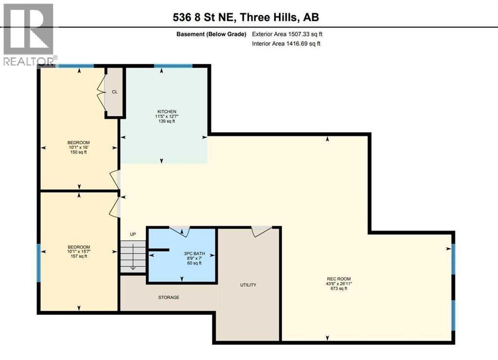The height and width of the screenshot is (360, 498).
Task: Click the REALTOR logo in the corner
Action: coord(28,34)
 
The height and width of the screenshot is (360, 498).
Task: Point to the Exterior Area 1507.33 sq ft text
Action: coord(286,35)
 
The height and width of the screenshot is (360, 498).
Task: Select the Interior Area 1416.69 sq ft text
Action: coord(286,44)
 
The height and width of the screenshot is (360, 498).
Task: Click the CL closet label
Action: coord(115,91)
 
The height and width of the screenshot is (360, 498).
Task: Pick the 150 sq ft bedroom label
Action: coord(78,147)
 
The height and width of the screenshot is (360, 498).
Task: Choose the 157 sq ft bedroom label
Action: coord(78,252)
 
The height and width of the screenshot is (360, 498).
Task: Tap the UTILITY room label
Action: coord(248,285)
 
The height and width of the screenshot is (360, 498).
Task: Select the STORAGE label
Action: coord(168,297)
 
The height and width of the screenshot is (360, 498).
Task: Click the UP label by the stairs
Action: coord(133,234)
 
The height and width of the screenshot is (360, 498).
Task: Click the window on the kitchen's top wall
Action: coord(173,66)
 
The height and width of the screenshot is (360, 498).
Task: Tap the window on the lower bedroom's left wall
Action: coord(39,263)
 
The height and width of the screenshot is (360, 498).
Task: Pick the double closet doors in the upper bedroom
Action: coord(102,93)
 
